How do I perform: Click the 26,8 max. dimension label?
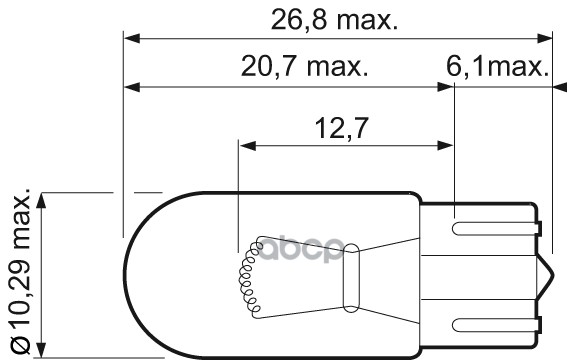coord(334,20)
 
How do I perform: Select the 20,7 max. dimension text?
coord(304,66)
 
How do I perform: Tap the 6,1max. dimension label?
coord(498,67)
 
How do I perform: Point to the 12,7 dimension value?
coord(342,128)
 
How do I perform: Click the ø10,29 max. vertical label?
coord(21,270)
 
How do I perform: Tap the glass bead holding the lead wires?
coord(351,278)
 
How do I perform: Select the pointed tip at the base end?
coord(553,278)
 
